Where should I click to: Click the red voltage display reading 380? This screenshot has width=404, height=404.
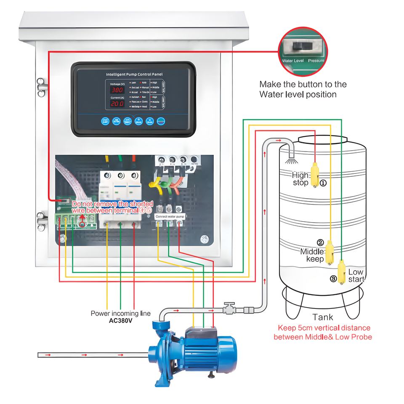(117, 90)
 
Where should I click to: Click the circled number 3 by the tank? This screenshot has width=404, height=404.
(333, 279)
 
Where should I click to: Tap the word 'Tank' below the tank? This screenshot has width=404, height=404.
(323, 317)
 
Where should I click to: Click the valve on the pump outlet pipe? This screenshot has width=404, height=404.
(229, 309)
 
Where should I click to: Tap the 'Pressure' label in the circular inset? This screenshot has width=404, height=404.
(316, 61)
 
